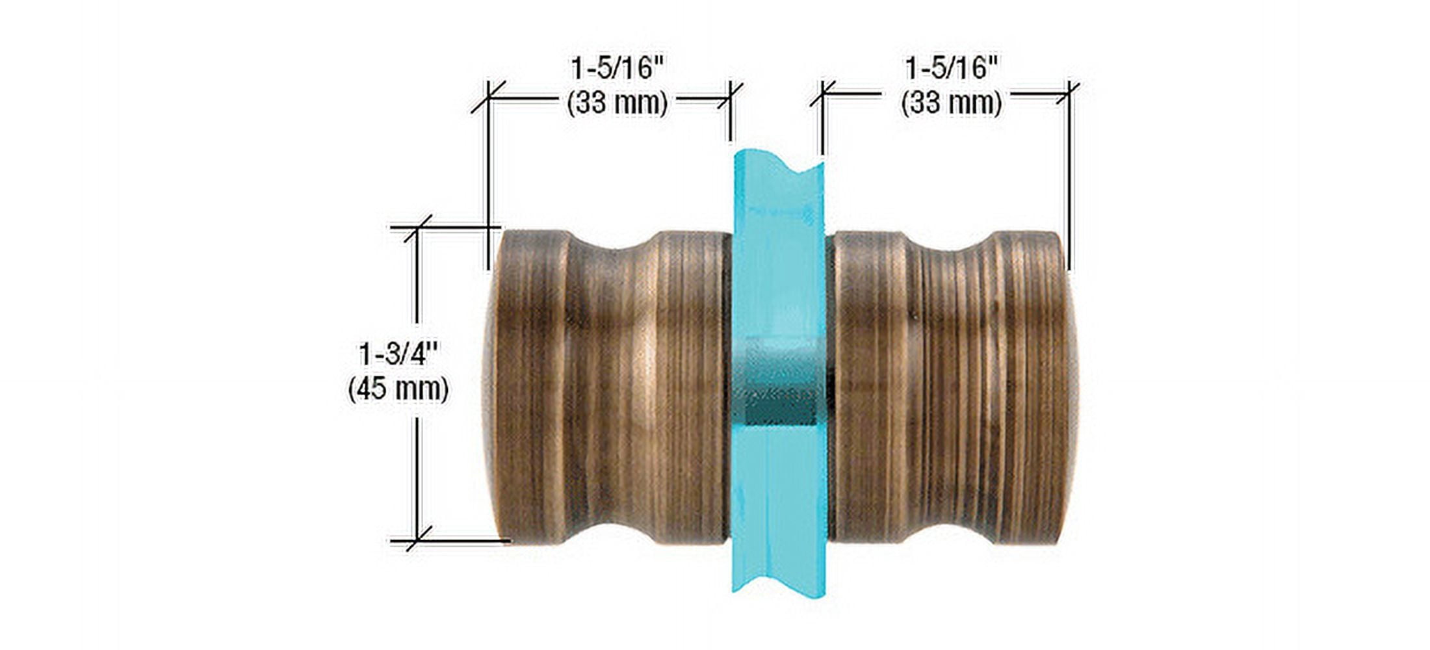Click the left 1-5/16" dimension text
(x=618, y=69)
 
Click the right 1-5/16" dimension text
(x=952, y=69)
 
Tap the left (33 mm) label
(x=617, y=103)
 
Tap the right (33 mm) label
(x=951, y=103)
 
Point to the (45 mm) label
(x=398, y=389)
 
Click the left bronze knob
(x=608, y=387)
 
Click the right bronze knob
(x=952, y=387)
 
